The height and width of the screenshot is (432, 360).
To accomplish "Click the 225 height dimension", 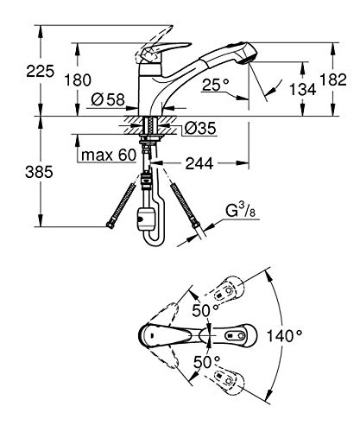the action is point(41,71).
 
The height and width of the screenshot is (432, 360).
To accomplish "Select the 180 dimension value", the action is point(78,79).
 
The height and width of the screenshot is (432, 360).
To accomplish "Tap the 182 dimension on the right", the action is point(333,79).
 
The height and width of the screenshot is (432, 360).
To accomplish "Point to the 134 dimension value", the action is point(302,89).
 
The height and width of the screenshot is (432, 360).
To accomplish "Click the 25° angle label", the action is point(216,85).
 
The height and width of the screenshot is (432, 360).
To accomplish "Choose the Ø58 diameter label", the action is point(108,100).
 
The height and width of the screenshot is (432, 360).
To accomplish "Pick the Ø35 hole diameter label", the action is point(199,128).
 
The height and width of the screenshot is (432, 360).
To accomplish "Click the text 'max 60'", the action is point(109,156).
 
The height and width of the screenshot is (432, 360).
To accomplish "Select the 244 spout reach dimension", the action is point(199,163).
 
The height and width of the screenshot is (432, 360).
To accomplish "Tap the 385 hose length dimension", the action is point(39,172).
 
